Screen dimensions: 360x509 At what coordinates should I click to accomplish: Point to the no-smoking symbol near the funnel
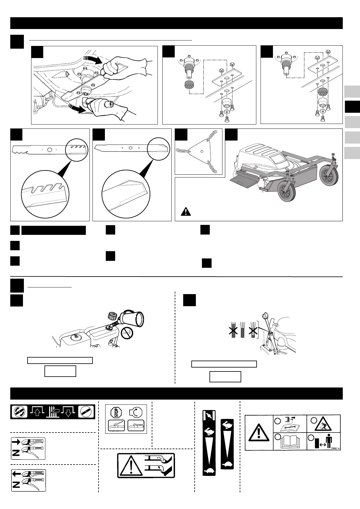click(x=127, y=334)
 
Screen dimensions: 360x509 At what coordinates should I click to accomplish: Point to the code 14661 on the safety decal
click(x=335, y=448)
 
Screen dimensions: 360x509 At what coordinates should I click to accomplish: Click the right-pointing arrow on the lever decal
click(x=16, y=442)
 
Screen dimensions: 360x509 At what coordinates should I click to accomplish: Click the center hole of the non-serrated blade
click(x=131, y=148)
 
